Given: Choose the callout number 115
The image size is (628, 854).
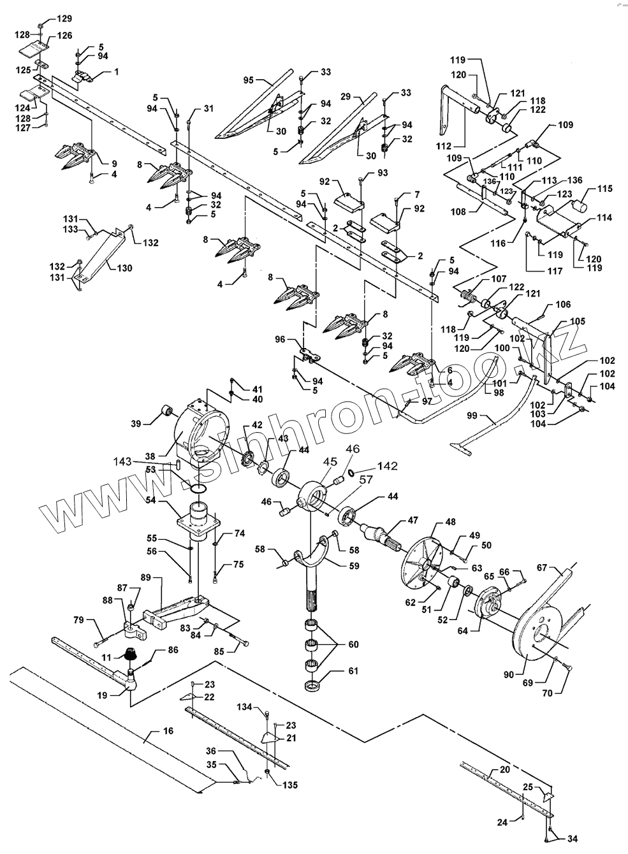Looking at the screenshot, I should [604, 189].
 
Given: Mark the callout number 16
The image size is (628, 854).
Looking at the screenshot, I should [168, 731].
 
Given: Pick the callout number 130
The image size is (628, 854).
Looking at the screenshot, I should [124, 268].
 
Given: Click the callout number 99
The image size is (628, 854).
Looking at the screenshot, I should [490, 416].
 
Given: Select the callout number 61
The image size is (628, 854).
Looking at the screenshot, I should [353, 671].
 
